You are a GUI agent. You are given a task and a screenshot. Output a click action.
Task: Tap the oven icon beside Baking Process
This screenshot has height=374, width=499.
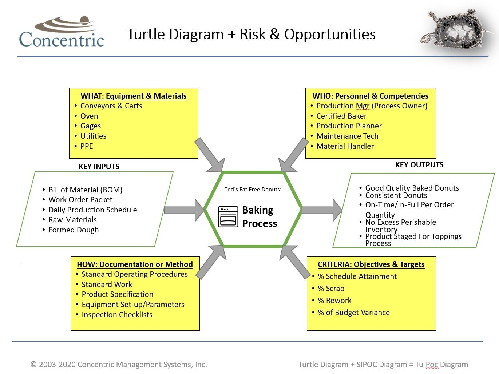228,217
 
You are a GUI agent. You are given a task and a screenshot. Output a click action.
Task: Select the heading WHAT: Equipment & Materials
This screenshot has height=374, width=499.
134,96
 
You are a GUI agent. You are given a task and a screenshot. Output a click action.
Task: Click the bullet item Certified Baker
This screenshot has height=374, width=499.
341,116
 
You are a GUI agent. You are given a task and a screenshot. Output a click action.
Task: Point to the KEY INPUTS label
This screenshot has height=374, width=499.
99,167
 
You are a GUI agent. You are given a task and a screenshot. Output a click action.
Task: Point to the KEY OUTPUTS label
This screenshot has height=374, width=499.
419,165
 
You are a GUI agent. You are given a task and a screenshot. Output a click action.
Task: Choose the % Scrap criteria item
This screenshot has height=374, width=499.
331,289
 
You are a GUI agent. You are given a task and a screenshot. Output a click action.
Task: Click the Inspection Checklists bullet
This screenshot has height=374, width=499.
117,315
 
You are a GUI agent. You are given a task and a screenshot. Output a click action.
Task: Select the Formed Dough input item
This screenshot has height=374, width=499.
74,230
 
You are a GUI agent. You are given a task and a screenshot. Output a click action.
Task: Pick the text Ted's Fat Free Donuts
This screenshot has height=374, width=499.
253,190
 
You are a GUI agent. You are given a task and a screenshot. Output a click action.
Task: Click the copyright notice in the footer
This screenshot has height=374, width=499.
119,365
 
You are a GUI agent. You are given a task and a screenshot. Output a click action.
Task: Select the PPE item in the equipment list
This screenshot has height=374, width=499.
87,146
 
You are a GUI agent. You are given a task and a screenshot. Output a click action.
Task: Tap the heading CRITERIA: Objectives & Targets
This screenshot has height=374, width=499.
371,264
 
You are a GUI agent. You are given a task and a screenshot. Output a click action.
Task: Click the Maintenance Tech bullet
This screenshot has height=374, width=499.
347,136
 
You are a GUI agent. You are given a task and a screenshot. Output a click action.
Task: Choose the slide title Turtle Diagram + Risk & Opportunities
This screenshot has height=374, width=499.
251,34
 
